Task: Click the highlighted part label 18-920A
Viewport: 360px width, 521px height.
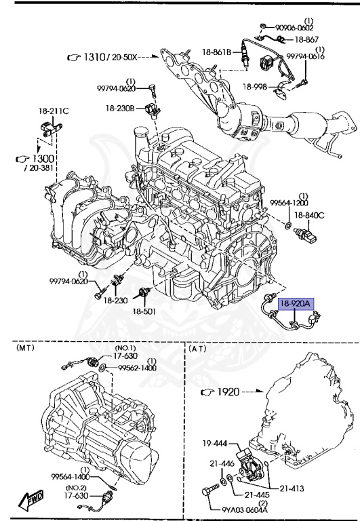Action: pyautogui.click(x=294, y=304)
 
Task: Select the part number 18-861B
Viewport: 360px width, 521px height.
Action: pyautogui.click(x=216, y=52)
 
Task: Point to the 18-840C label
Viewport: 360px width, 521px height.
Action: pyautogui.click(x=309, y=215)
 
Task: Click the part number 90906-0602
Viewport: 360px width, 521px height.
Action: pyautogui.click(x=294, y=28)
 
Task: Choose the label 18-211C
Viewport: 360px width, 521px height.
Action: pyautogui.click(x=54, y=111)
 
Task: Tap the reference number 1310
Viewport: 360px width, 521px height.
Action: pyautogui.click(x=94, y=57)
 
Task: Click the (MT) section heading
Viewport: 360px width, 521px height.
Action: pyautogui.click(x=25, y=348)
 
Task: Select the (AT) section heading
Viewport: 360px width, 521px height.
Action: pyautogui.click(x=197, y=349)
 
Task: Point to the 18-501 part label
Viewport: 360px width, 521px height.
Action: pyautogui.click(x=144, y=311)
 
